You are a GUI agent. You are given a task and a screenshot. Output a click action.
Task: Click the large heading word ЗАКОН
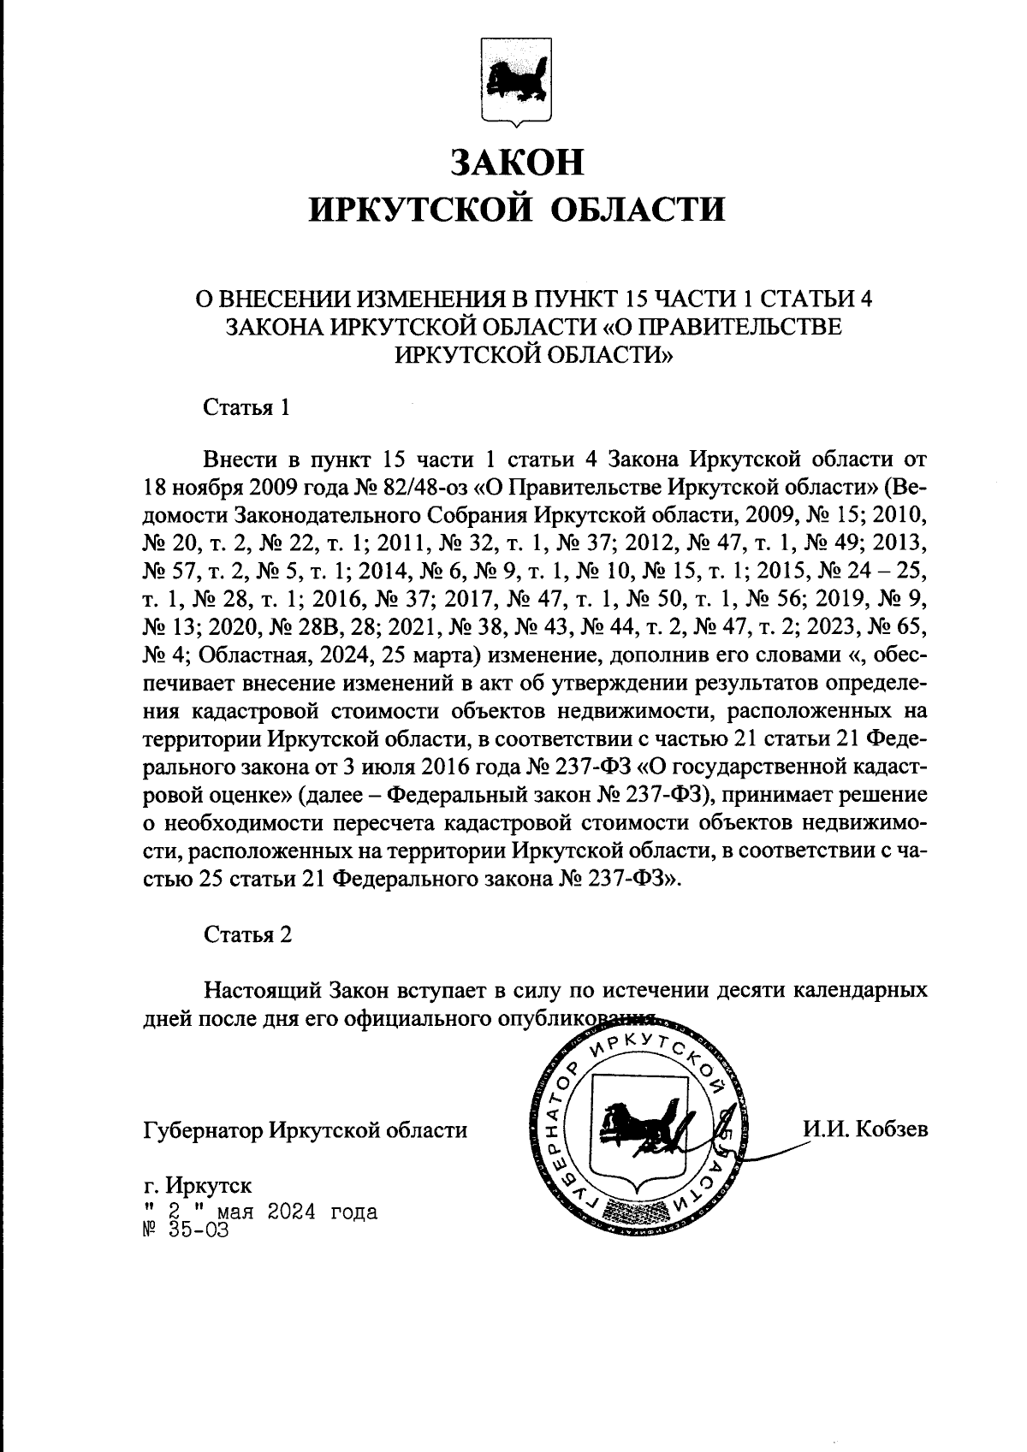[517, 163]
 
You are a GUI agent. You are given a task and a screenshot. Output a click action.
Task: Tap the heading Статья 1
[246, 407]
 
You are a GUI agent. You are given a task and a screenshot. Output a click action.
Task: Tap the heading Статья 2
[247, 934]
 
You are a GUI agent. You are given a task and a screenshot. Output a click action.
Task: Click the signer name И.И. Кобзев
[864, 1129]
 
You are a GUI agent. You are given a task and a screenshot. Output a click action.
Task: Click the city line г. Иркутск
[198, 1186]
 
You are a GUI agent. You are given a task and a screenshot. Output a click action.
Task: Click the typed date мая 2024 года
[298, 1212]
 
